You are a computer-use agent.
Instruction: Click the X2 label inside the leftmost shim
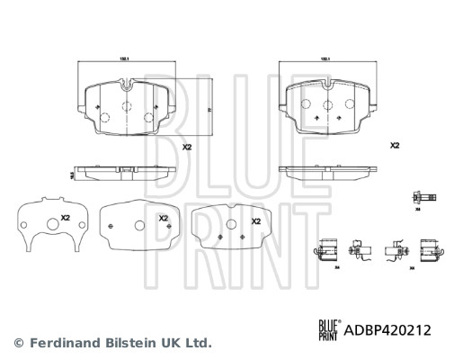[64, 219]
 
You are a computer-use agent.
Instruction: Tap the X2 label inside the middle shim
[163, 219]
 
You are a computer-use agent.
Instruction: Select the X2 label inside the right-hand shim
[255, 220]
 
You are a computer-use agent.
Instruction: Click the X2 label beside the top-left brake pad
[187, 148]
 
